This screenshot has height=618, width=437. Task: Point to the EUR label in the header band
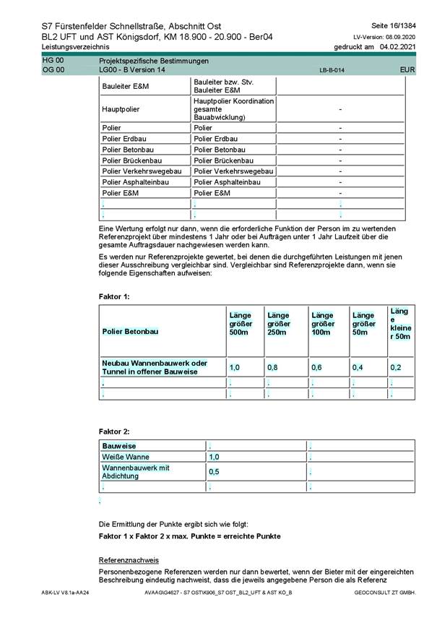click(407, 70)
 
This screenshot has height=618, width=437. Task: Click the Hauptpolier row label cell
click(121, 108)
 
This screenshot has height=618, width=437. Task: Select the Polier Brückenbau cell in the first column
click(132, 160)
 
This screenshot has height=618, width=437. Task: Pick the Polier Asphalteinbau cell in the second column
click(224, 182)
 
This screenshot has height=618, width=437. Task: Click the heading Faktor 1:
click(114, 296)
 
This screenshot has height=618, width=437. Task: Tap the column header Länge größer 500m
click(240, 324)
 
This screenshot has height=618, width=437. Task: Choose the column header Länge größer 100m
click(323, 324)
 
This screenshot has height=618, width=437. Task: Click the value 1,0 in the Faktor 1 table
click(235, 368)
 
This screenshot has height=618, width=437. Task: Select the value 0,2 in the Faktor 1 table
click(396, 368)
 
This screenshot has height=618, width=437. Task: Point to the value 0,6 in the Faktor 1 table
click(316, 368)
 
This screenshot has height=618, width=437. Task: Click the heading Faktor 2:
click(114, 431)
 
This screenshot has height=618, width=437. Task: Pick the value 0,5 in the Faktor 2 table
click(214, 472)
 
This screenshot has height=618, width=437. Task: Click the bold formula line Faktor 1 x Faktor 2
click(189, 536)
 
